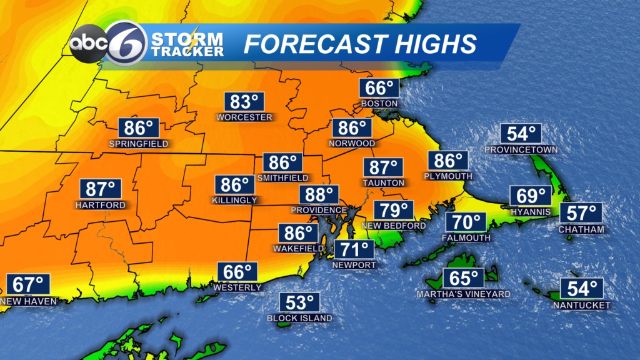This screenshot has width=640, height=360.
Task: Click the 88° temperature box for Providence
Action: coord(319,194)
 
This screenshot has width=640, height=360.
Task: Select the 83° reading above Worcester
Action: coord(244,102)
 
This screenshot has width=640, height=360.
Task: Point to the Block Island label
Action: coord(299,318)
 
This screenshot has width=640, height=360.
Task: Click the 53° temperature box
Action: coord(299,303)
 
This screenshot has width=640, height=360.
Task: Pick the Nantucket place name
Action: coord(581,305)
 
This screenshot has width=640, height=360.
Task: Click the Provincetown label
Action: coord(521,150)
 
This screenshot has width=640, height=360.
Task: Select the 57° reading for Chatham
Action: coord(581,213)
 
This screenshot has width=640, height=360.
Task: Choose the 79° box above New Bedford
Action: coord(394,210)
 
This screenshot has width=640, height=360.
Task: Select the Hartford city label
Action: coord(100,205)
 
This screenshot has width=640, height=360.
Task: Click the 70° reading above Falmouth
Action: coord(466,222)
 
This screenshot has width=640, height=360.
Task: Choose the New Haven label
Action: coord(29,301)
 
